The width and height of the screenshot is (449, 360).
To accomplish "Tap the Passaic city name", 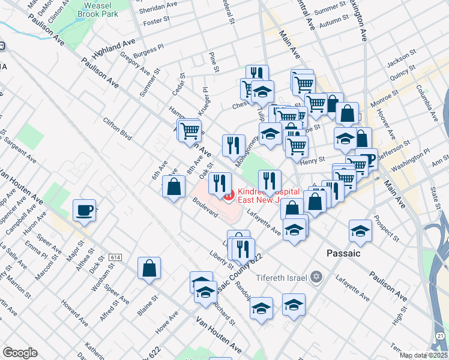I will [343, 253].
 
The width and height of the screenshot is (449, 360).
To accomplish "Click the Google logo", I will [20, 353].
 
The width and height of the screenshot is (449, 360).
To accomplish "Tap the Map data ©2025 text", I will [423, 355].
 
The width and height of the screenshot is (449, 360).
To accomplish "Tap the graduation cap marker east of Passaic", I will [360, 232].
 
